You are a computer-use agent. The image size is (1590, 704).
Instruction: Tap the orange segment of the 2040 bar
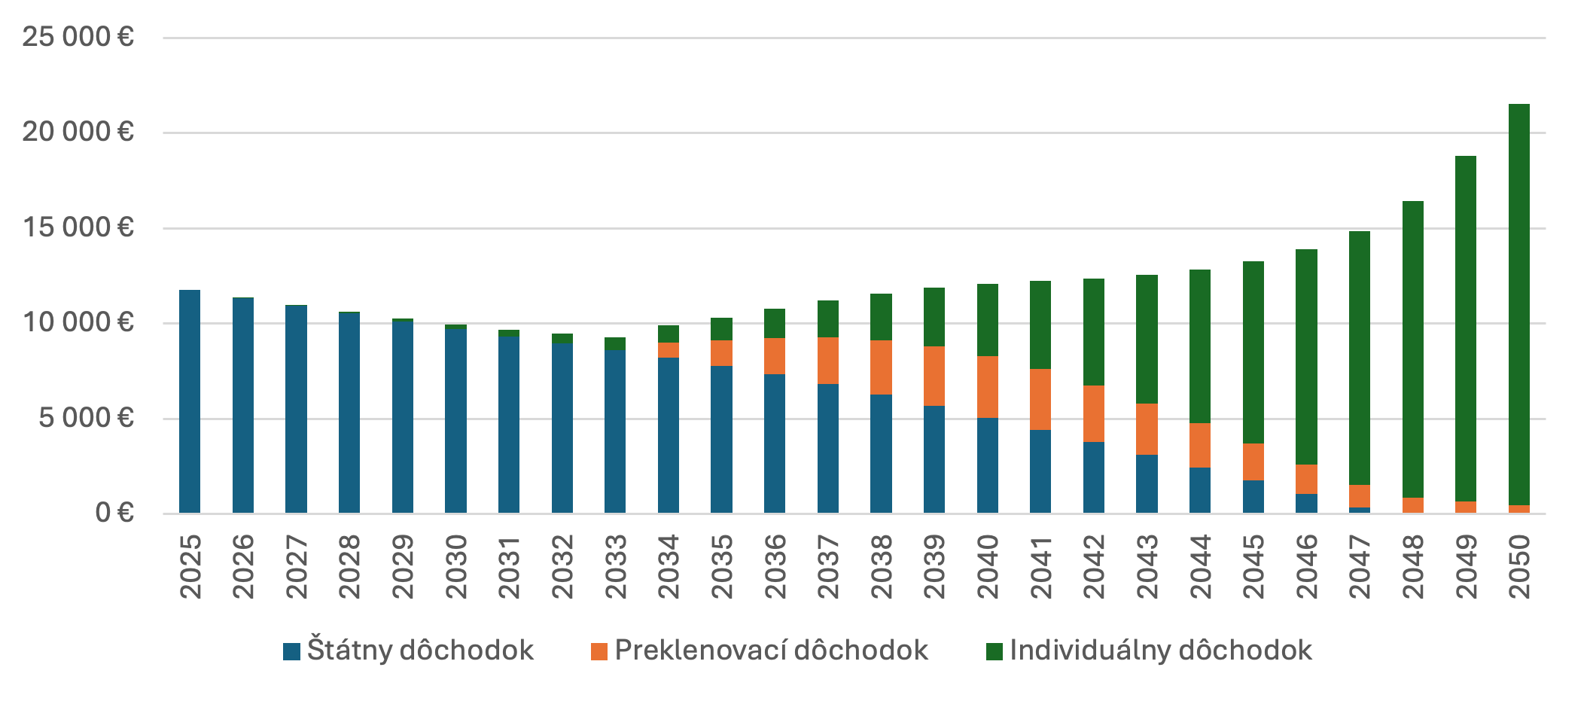pyautogui.click(x=987, y=387)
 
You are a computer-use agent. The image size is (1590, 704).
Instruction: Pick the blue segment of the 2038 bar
pyautogui.click(x=881, y=453)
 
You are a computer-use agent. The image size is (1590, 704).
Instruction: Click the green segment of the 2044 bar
pyautogui.click(x=1200, y=346)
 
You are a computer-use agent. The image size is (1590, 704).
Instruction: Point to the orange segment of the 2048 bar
pyautogui.click(x=1412, y=505)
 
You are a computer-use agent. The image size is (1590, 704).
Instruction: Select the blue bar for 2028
pyautogui.click(x=349, y=413)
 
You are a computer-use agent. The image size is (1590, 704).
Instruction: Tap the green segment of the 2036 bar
pyautogui.click(x=775, y=323)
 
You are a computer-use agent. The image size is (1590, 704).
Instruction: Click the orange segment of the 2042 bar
pyautogui.click(x=1093, y=413)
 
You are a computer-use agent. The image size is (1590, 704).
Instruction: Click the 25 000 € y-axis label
pyautogui.click(x=78, y=36)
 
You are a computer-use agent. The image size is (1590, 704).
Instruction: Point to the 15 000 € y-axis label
pyautogui.click(x=78, y=227)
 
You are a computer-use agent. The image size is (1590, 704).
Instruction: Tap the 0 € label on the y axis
pyautogui.click(x=114, y=513)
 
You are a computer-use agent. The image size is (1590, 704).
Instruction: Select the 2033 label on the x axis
pyautogui.click(x=616, y=566)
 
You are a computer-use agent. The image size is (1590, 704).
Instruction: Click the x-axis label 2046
pyautogui.click(x=1306, y=566)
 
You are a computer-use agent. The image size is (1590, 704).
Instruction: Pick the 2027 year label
pyautogui.click(x=297, y=566)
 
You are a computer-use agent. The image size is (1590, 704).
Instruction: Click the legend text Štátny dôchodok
pyautogui.click(x=420, y=651)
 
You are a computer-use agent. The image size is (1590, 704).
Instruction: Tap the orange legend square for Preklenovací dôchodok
pyautogui.click(x=599, y=651)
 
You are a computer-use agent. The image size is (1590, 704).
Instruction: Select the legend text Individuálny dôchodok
pyautogui.click(x=1160, y=651)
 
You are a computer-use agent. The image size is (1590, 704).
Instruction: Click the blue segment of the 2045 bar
pyautogui.click(x=1253, y=496)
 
